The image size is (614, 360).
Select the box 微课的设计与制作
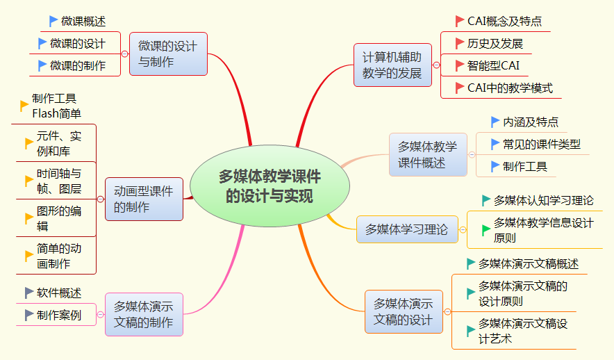168,54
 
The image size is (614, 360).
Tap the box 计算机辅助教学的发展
392,65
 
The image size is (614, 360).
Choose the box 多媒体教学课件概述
427,155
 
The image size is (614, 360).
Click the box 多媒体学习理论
407,229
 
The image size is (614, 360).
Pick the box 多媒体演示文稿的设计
404,311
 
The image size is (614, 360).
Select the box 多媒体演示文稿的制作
144,314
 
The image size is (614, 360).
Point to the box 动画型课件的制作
144,199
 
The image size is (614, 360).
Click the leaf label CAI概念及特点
504,22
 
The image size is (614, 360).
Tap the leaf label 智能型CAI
493,66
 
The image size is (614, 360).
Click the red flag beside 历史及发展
459,44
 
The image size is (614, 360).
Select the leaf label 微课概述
83,22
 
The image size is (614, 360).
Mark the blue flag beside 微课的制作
43,66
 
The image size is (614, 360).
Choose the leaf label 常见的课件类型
542,145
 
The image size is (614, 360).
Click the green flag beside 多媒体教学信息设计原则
486,230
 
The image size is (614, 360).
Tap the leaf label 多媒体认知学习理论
543,201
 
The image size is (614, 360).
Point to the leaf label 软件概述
59,293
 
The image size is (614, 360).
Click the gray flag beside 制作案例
29,316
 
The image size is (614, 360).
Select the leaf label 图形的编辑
59,218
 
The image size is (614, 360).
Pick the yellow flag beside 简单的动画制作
29,256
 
